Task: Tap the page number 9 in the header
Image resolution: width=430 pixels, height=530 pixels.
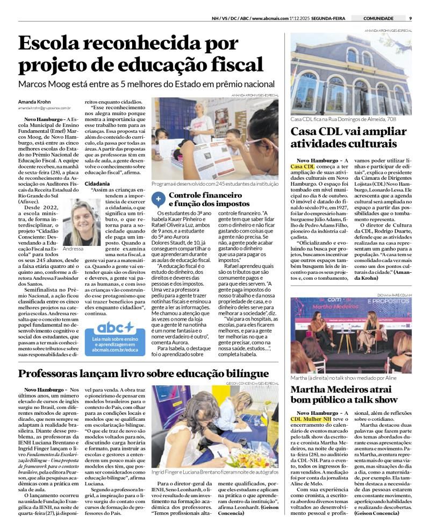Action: pos(410,18)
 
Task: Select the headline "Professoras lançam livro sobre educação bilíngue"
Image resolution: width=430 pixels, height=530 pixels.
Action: pos(144,373)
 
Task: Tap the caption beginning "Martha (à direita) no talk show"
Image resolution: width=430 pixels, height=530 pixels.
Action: pos(343,378)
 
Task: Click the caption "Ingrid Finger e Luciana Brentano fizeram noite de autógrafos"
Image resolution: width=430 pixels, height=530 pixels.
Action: pos(214,472)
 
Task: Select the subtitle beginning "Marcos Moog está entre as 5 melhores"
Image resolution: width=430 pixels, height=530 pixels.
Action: pos(146,84)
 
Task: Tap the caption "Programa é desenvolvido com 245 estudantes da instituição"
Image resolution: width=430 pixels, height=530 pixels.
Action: pos(215,184)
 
